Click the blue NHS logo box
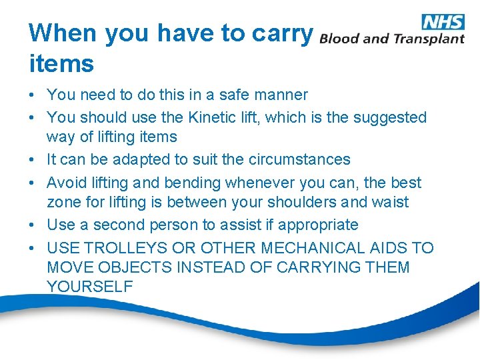click(x=443, y=21)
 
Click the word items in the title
click(x=61, y=64)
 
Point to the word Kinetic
click(x=211, y=117)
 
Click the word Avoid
click(x=67, y=182)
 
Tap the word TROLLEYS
click(x=127, y=248)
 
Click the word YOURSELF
click(x=90, y=287)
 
